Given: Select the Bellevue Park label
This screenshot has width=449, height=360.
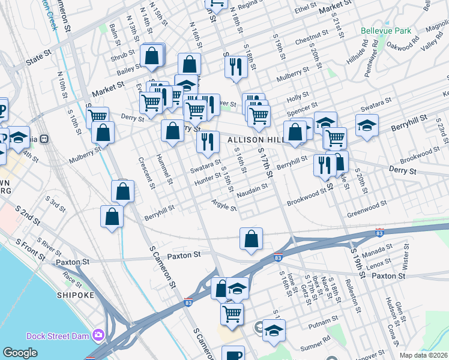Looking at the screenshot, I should [x=385, y=30].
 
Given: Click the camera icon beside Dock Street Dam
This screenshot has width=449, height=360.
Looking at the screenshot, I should [x=97, y=335].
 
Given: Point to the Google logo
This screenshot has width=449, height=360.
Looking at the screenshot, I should [x=20, y=353].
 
